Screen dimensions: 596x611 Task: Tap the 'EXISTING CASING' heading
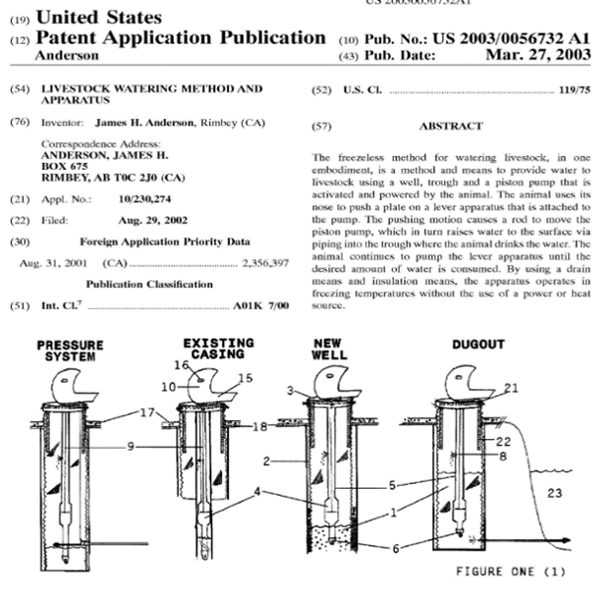pos(217,349)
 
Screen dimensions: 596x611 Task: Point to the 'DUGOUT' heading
pos(480,345)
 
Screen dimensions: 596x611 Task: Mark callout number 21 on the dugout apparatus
pos(512,389)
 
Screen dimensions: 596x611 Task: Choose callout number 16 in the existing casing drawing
pos(181,364)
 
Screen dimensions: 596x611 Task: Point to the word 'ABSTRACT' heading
pos(451,127)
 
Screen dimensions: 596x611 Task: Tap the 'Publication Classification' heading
pos(149,285)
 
